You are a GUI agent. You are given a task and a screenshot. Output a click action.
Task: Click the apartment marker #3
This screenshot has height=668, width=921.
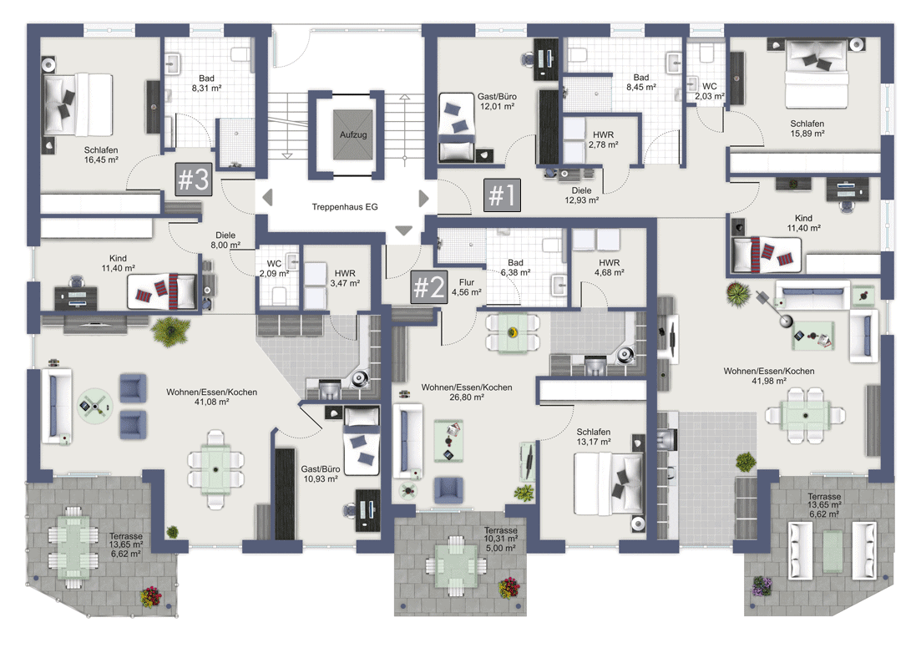click(x=193, y=180)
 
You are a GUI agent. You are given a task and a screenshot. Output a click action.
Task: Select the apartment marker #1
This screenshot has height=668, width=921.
click(x=502, y=195)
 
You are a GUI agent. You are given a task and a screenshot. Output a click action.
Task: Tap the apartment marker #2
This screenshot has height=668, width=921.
click(x=429, y=287)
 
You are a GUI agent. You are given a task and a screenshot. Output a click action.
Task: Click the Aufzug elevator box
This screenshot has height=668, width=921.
click(x=353, y=134)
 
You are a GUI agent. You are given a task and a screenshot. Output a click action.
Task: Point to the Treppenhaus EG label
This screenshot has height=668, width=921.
click(x=345, y=207)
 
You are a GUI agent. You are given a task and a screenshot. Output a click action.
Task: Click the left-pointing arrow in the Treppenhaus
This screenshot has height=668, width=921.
click(x=267, y=198)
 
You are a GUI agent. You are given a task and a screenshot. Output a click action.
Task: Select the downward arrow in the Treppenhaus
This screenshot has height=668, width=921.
click(x=403, y=231)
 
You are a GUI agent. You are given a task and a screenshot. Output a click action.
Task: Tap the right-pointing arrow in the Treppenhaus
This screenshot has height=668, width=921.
click(x=423, y=199)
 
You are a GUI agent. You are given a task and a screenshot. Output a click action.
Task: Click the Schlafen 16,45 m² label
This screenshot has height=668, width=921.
click(x=101, y=154)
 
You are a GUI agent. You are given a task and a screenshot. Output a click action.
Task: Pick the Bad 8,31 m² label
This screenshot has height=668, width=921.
click(x=207, y=83)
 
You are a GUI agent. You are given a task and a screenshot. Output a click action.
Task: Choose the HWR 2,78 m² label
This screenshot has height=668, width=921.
click(x=603, y=139)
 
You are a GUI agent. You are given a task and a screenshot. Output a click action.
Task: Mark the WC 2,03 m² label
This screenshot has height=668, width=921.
click(x=710, y=91)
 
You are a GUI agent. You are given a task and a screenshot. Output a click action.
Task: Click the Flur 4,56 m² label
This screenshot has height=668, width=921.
click(x=467, y=287)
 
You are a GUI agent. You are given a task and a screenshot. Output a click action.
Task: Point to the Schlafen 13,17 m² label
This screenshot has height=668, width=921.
click(x=593, y=437)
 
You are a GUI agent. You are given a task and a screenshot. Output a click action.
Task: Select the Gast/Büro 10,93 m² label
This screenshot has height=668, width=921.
click(x=320, y=474)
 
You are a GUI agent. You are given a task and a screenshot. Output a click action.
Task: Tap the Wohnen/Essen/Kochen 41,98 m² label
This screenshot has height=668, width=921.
click(x=769, y=376)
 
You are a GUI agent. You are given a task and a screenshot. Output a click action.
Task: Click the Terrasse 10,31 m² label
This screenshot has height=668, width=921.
click(x=500, y=539)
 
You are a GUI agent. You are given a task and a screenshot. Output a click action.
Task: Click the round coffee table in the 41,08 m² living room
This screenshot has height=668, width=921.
click(x=94, y=405)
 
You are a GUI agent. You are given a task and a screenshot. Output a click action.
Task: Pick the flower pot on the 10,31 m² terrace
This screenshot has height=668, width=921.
click(x=509, y=588)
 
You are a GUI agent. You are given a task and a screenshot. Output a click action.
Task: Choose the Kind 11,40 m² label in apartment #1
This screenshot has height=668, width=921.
click(x=803, y=223)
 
